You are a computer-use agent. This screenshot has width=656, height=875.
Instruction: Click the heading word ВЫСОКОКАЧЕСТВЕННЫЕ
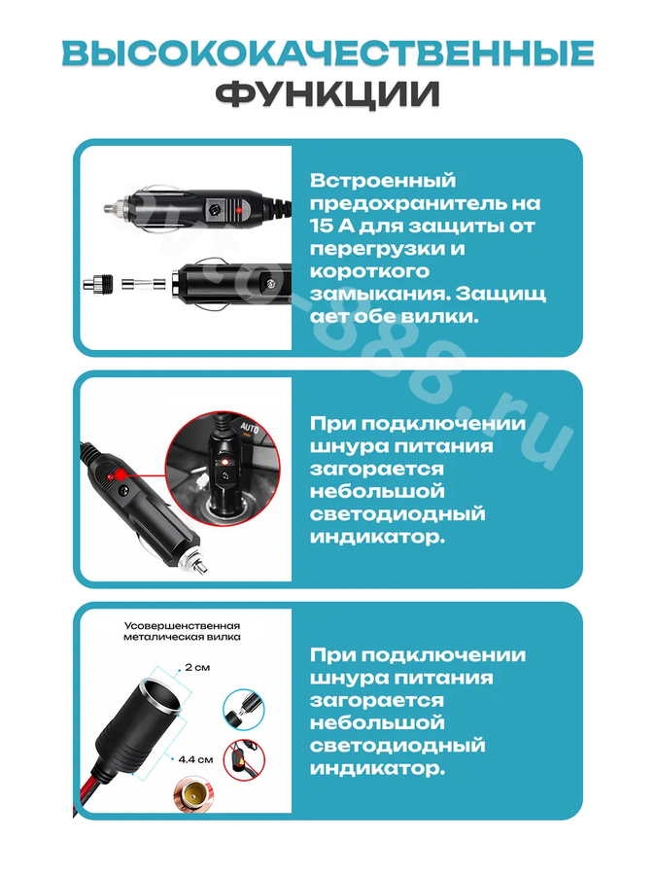tap(328, 53)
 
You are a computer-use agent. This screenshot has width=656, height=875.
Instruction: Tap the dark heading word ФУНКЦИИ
tap(328, 94)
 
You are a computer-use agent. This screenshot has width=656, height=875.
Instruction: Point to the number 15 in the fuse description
tap(323, 226)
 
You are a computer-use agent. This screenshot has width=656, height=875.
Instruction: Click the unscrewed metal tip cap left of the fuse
tap(98, 284)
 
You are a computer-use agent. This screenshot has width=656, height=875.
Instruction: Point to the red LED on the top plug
tap(238, 210)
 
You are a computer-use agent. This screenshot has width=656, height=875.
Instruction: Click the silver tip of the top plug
tap(111, 209)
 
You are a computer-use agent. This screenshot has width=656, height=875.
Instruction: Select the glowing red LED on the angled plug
tap(119, 474)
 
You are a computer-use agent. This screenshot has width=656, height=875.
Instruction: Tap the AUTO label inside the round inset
tap(250, 429)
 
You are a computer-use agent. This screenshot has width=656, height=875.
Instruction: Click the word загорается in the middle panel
tap(376, 470)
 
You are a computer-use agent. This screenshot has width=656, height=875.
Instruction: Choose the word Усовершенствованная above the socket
tap(182, 626)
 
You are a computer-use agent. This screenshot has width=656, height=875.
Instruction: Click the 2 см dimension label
tap(197, 667)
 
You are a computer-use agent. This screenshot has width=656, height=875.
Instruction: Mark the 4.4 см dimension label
tap(195, 759)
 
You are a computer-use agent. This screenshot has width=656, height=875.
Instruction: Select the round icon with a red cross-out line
tap(244, 760)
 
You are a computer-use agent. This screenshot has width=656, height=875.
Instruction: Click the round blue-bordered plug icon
tap(244, 710)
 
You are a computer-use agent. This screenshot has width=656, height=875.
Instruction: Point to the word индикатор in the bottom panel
tap(377, 768)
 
